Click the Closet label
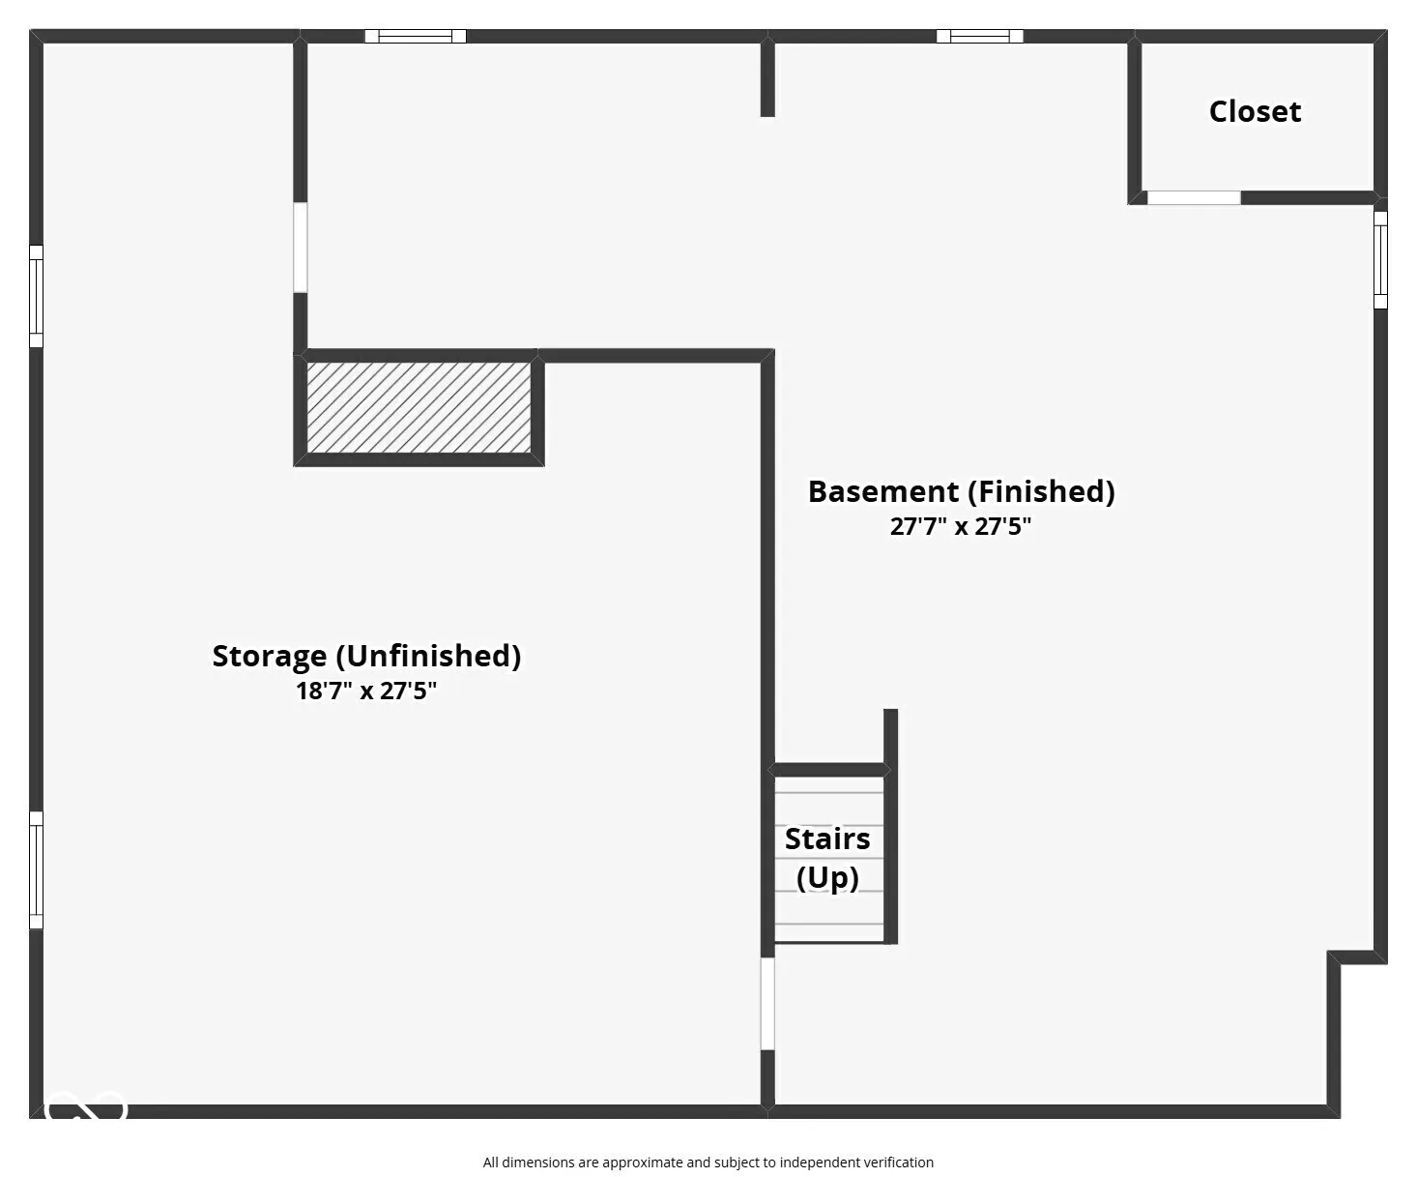pyautogui.click(x=1255, y=111)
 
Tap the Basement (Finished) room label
pyautogui.click(x=961, y=491)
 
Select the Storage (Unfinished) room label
pyautogui.click(x=366, y=656)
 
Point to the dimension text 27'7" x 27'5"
pyautogui.click(x=960, y=526)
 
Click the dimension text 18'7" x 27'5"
pyautogui.click(x=365, y=691)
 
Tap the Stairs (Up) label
pyautogui.click(x=827, y=859)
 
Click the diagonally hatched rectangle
pyautogui.click(x=419, y=407)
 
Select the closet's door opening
pyautogui.click(x=1194, y=197)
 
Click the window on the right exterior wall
pyautogui.click(x=1380, y=260)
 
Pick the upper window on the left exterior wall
pyautogui.click(x=36, y=296)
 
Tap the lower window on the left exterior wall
pyautogui.click(x=36, y=870)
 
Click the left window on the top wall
pyautogui.click(x=416, y=36)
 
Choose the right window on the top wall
pyautogui.click(x=979, y=36)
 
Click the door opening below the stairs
pyautogui.click(x=767, y=1004)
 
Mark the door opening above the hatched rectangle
pyautogui.click(x=300, y=248)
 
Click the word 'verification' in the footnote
pyautogui.click(x=899, y=1162)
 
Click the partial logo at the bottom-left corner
pyautogui.click(x=85, y=1105)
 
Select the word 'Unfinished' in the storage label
pyautogui.click(x=428, y=656)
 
